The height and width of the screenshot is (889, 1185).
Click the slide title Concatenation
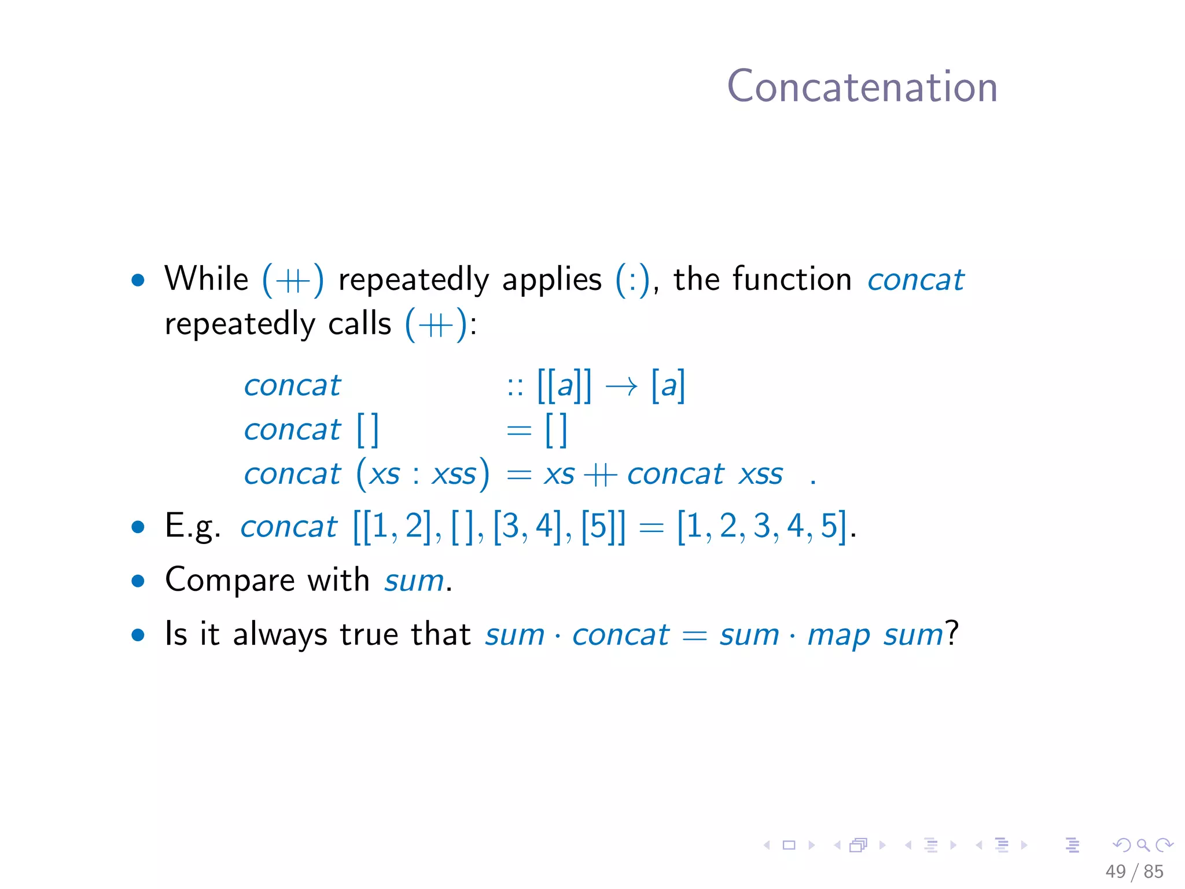tap(862, 87)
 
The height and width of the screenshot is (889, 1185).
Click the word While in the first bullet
tap(206, 279)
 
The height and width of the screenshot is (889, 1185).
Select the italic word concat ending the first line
tap(915, 280)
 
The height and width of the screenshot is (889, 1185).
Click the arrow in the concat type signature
tap(621, 386)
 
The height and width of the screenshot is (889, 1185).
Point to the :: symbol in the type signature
tap(514, 386)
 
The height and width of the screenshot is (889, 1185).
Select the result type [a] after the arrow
tap(668, 385)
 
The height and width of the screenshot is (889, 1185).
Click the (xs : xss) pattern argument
tap(423, 474)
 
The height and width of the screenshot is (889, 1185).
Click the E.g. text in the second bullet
tap(193, 526)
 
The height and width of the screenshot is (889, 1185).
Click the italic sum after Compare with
tap(414, 581)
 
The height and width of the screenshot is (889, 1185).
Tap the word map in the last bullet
tap(838, 635)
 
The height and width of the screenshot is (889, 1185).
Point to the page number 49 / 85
tap(1134, 871)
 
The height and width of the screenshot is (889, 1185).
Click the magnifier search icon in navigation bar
tap(1143, 846)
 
